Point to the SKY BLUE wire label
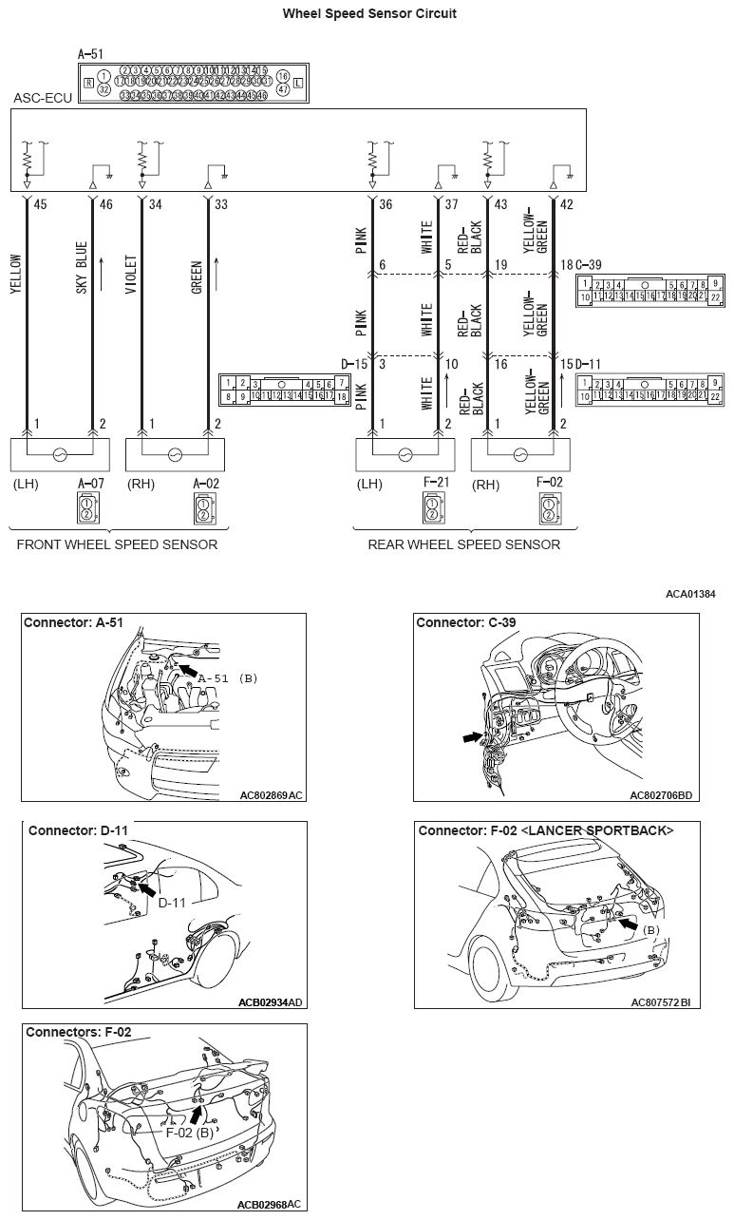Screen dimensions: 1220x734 click(82, 265)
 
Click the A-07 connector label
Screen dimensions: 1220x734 click(90, 483)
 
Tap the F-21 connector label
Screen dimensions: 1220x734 click(435, 483)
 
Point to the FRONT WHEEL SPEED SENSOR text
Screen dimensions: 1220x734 click(117, 544)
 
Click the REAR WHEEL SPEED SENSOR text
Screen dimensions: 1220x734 click(463, 544)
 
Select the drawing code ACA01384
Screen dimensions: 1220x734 click(690, 594)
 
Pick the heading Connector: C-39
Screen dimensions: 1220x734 click(465, 623)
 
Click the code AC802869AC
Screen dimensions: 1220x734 click(271, 794)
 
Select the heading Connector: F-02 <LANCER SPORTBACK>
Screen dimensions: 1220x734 click(546, 830)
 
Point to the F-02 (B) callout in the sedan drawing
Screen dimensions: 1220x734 click(189, 1133)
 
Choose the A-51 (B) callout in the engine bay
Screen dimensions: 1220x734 click(228, 677)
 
